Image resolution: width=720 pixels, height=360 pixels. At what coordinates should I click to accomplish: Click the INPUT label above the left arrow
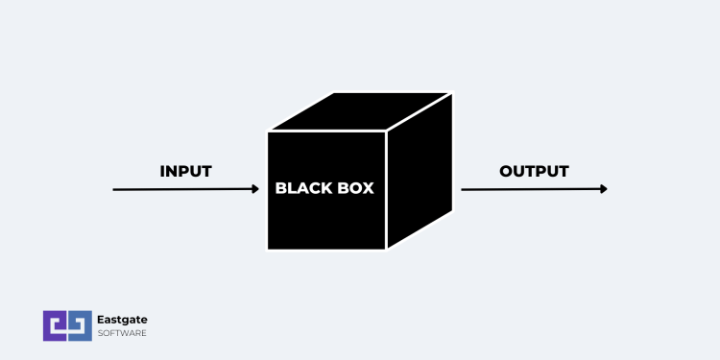(185, 172)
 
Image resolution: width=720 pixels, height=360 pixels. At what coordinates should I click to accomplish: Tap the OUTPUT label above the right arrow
(534, 171)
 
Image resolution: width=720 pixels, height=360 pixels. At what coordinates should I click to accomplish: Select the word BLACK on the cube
(304, 188)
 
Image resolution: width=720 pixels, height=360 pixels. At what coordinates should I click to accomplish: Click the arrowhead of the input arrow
(255, 189)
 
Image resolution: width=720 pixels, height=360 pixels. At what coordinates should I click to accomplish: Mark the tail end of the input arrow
(115, 190)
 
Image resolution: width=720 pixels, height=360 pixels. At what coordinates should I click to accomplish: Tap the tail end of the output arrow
(464, 189)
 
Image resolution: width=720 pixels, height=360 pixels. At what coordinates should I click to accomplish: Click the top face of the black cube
(359, 110)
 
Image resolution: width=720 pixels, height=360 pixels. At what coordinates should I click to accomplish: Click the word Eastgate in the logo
(122, 320)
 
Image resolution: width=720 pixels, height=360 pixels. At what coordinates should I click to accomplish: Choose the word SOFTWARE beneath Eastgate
(122, 333)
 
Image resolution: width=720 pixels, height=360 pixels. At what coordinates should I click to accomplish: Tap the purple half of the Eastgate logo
(54, 325)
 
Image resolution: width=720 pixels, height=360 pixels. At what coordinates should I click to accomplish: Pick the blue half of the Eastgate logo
(79, 325)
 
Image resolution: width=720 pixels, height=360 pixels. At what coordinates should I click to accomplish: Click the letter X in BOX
(368, 188)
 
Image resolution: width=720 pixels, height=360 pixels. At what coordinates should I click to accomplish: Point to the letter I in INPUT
(163, 172)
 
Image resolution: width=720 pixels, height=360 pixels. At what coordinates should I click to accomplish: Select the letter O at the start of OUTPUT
(506, 171)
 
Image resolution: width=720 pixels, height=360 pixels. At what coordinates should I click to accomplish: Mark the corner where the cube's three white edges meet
(387, 131)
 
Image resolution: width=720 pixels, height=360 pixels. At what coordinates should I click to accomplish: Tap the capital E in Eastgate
(102, 320)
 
